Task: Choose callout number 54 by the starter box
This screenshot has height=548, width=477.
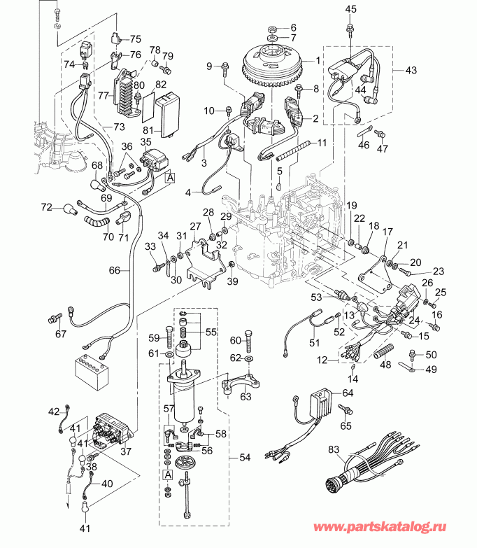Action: click(x=244, y=457)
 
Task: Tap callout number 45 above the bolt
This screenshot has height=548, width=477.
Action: click(x=350, y=8)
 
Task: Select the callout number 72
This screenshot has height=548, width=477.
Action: click(x=46, y=207)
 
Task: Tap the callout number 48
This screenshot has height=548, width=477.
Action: click(x=383, y=363)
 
